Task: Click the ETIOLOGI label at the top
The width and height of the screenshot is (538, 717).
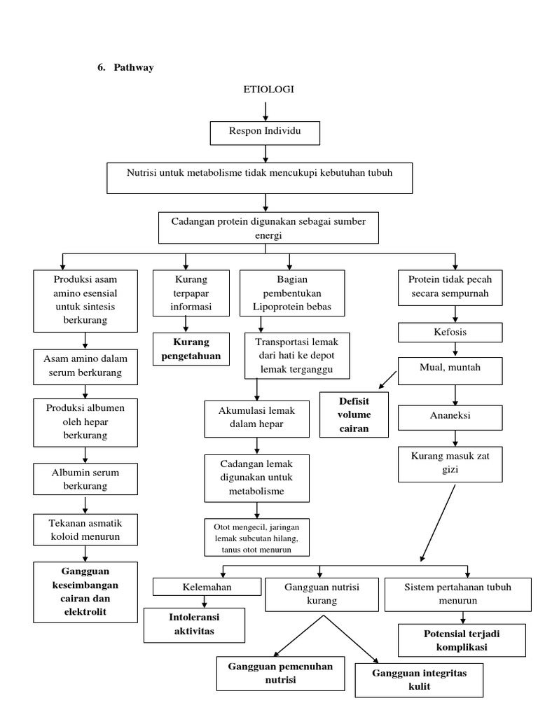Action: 268,89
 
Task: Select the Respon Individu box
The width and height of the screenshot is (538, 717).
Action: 265,133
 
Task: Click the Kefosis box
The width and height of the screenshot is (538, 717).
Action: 450,333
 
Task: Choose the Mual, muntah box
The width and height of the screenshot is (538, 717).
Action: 450,371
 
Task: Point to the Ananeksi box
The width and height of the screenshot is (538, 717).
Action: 450,417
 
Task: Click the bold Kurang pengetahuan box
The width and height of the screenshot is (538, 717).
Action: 191,349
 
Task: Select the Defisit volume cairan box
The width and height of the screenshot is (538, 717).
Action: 354,415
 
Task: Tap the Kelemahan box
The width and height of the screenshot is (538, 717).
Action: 207,587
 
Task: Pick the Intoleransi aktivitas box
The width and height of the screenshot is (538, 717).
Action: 195,625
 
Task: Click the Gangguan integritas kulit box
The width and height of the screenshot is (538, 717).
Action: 419,680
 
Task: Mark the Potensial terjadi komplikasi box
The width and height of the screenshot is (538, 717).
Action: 462,640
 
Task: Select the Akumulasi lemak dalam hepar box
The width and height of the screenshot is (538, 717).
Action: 256,419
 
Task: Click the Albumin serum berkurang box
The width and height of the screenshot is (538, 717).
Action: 85,479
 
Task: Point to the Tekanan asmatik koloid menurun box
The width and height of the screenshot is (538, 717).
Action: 85,529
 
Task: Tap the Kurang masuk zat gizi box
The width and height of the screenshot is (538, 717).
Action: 450,464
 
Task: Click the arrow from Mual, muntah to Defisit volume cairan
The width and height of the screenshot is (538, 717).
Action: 387,380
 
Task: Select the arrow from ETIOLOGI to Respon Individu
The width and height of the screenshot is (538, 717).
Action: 265,111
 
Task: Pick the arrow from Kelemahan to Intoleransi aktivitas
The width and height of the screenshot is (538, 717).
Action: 205,601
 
